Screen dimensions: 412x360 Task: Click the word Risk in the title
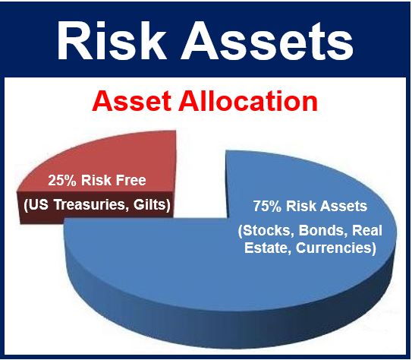[112, 40]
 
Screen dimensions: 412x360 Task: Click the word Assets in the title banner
[266, 41]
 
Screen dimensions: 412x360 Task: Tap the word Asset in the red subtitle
[131, 102]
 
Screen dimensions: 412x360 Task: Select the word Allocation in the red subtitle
[248, 102]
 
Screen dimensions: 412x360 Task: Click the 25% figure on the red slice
[61, 181]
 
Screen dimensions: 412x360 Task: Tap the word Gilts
[152, 204]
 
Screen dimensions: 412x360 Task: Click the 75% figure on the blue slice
[267, 206]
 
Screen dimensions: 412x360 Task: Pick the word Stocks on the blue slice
[266, 231]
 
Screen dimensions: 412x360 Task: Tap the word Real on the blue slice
[367, 230]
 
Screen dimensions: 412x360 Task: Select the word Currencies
[336, 248]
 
